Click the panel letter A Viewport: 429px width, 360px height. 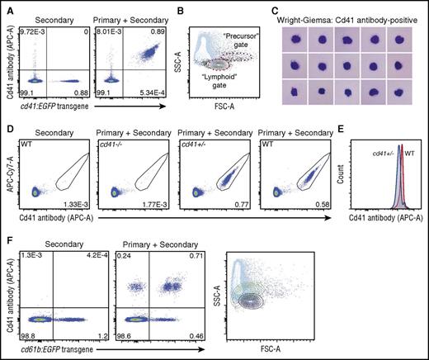[x=7, y=7]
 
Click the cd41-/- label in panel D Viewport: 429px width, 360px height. [x=119, y=149]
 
